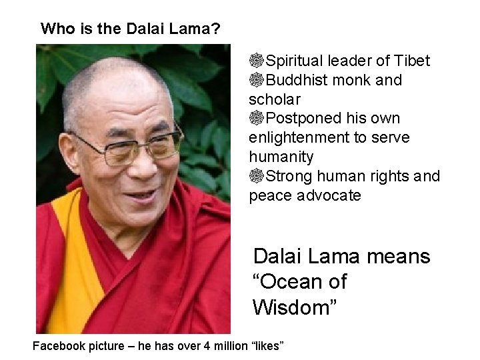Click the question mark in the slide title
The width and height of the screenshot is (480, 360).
[x=218, y=29]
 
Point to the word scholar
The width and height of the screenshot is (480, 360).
[x=275, y=100]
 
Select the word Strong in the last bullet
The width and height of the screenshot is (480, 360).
[x=289, y=177]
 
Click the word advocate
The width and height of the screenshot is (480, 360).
[x=329, y=196]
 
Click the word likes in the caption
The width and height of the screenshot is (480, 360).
[x=267, y=347]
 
